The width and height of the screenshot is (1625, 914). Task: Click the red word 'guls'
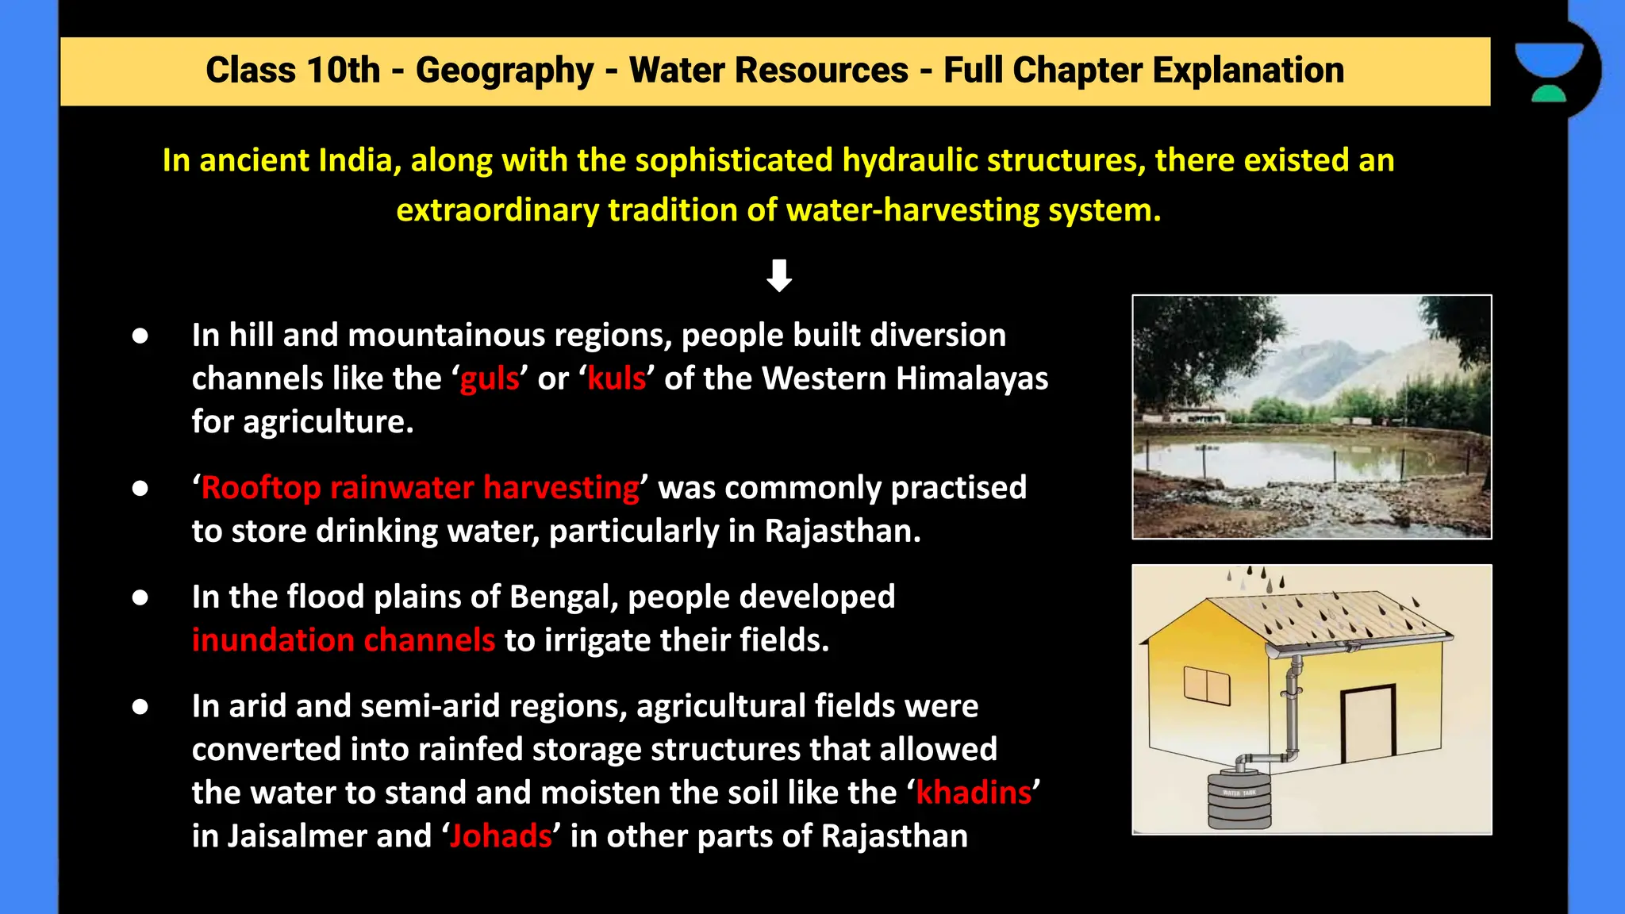(x=490, y=378)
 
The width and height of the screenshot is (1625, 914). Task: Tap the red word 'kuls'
(x=617, y=378)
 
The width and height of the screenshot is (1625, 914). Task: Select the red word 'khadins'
(x=974, y=793)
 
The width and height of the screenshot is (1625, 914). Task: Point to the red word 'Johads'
(x=501, y=836)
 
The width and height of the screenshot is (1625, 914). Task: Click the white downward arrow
(x=779, y=275)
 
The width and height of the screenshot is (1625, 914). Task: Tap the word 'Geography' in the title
(x=505, y=70)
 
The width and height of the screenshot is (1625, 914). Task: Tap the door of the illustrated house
(x=1368, y=724)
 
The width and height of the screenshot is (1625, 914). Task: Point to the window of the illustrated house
(x=1206, y=684)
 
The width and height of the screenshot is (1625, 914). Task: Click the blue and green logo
(x=1548, y=71)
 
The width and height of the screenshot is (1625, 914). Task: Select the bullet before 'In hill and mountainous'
(x=140, y=336)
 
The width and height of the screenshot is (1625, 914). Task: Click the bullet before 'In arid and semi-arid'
(x=140, y=706)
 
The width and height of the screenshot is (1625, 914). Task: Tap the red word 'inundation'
(x=271, y=640)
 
